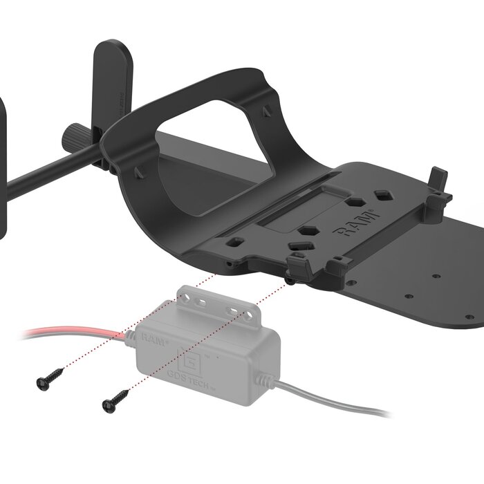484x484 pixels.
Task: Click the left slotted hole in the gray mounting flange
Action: point(201,303)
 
